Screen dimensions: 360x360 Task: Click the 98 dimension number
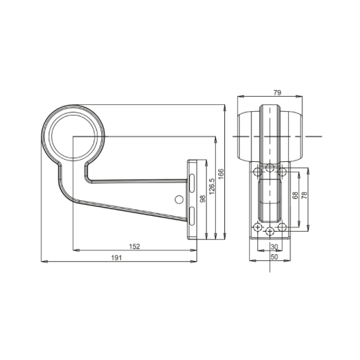coord(202,199)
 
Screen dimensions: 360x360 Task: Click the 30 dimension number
coord(274,247)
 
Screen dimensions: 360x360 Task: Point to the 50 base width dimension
coord(274,256)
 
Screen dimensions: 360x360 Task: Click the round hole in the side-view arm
coord(178,199)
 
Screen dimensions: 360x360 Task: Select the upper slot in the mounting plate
coord(192,182)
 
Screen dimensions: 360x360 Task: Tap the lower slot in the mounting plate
coord(192,217)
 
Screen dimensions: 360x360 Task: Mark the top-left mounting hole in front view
coord(258,172)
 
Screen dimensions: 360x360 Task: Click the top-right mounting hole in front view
coord(282,172)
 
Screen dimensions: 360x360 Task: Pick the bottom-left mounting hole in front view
coord(258,226)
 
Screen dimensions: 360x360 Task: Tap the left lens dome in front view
coord(248,136)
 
